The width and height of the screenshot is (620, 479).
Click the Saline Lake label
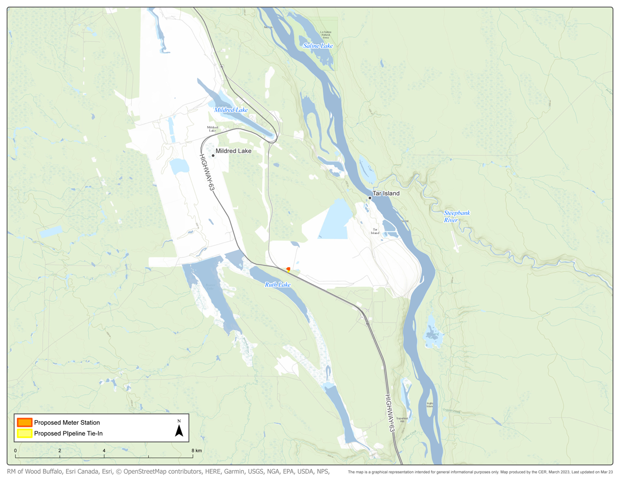coord(318,46)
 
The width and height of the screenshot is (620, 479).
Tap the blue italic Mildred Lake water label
coord(231,110)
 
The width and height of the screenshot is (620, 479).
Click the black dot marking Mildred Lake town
coord(213,156)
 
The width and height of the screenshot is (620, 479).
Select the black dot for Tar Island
coord(370,198)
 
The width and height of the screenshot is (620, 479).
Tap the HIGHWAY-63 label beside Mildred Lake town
coord(207,174)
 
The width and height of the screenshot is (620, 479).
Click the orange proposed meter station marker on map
coord(288,269)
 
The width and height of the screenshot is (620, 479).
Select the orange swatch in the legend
coord(24,423)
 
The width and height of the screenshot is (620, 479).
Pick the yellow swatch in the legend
coord(24,434)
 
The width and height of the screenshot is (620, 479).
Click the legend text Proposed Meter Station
coord(67,423)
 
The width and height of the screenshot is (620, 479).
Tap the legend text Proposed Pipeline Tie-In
coord(68,434)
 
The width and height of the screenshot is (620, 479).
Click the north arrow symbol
coord(179,429)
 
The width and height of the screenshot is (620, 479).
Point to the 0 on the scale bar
coord(16,451)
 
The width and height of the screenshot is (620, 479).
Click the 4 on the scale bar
coord(104,451)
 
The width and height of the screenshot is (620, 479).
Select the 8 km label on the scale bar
coord(195,451)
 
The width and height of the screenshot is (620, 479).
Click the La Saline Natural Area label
coord(326,35)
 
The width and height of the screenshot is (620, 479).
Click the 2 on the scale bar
coord(60,451)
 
